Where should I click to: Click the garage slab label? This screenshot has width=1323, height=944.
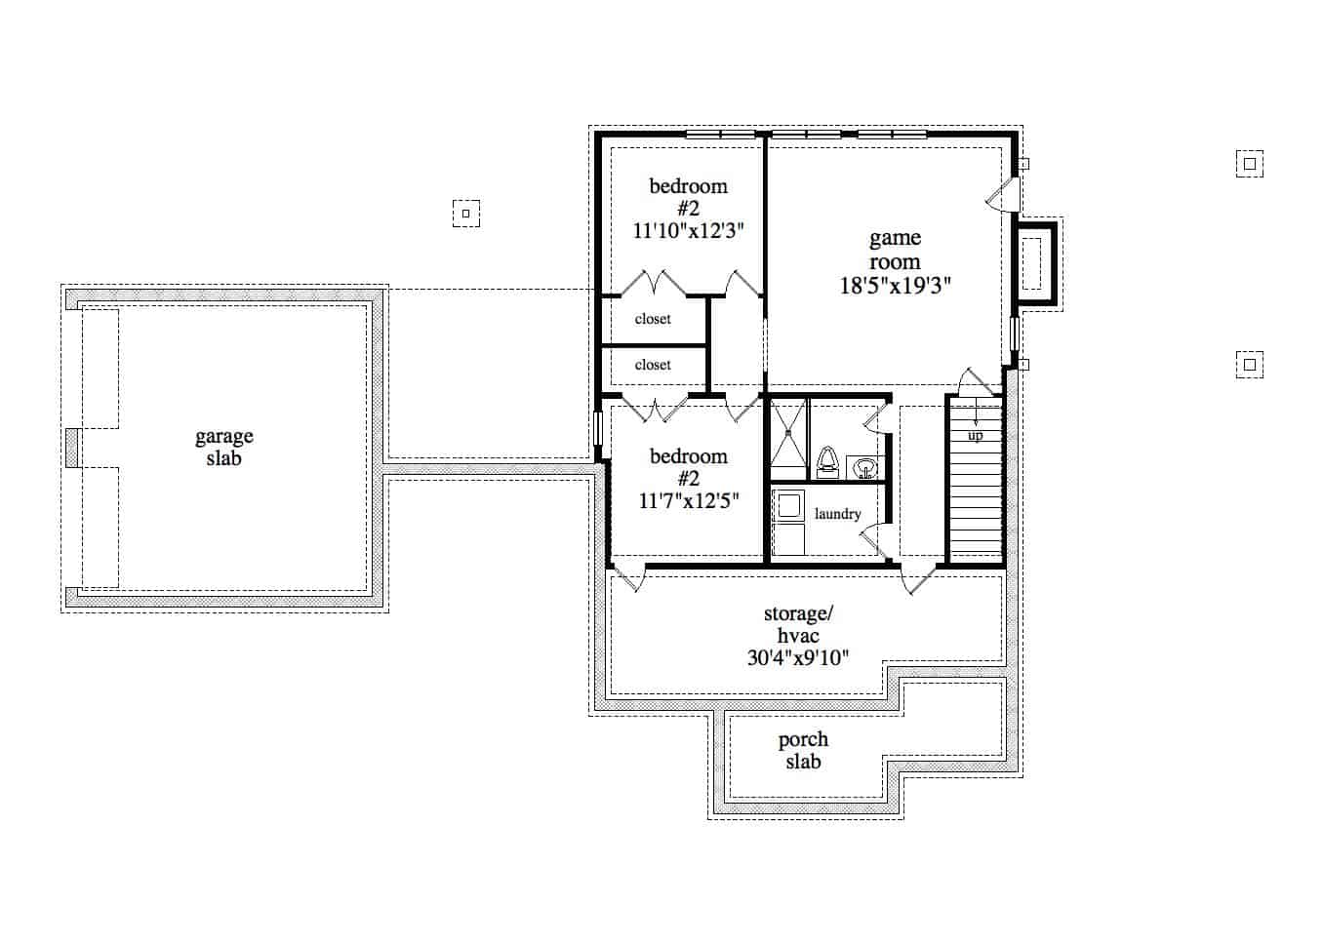223,448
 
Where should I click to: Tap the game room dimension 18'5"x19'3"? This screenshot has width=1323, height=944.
895,286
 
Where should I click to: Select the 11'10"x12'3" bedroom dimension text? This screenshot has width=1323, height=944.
688,231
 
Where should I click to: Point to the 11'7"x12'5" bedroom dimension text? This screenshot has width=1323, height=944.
688,501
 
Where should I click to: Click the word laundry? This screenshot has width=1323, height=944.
837,514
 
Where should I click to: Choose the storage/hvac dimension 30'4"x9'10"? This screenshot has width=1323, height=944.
797,657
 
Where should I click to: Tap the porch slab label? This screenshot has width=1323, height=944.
803,751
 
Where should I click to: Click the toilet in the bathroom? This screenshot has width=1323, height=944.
827,461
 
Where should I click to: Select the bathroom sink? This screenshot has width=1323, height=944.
863,468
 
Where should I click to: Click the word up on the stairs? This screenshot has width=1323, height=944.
975,436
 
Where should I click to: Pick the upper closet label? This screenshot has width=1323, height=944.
653,319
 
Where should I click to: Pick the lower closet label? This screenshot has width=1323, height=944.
653,365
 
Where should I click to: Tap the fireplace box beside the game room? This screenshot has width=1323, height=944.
1033,263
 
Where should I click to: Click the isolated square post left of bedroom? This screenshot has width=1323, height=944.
466,213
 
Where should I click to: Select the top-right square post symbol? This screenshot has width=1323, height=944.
1249,163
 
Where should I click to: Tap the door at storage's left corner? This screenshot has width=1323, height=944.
627,578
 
